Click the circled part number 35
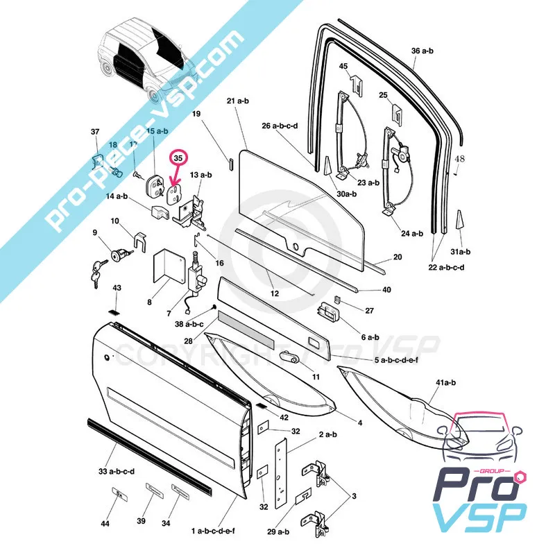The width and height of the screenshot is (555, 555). click(x=179, y=158)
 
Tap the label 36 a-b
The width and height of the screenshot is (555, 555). click(x=422, y=51)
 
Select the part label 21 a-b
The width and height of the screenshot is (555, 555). click(x=237, y=101)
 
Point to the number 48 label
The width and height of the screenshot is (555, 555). click(x=459, y=159)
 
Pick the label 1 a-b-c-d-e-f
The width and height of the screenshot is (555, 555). click(x=213, y=531)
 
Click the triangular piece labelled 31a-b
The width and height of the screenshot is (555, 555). click(x=459, y=220)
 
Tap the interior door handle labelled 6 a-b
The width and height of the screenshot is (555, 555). click(x=328, y=314)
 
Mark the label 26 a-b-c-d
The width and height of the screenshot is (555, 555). click(x=280, y=126)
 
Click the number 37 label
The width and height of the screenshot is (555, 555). click(x=95, y=131)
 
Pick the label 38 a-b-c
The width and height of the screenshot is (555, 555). click(x=189, y=324)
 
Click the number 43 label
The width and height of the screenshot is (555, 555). click(x=117, y=288)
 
